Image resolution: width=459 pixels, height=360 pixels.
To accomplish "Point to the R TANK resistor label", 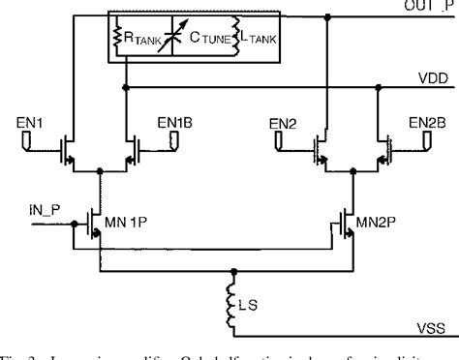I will pos(136,41).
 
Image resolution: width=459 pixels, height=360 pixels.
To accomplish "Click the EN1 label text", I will pos(34,124).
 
